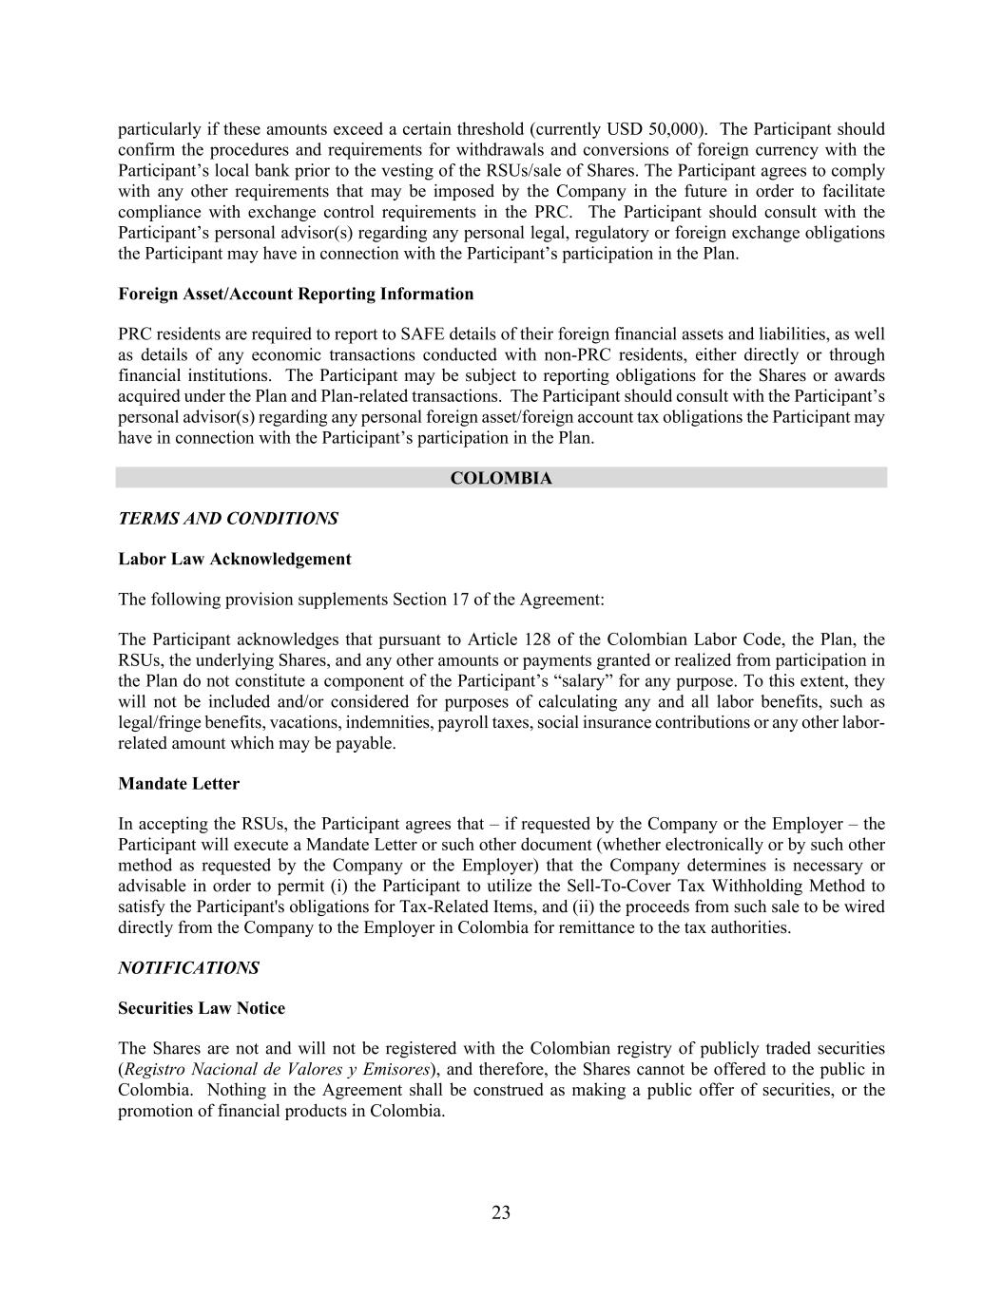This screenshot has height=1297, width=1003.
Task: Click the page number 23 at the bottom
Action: click(501, 1212)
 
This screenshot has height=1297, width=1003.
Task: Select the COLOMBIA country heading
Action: click(501, 478)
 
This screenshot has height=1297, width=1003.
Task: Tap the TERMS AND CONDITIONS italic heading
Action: click(227, 519)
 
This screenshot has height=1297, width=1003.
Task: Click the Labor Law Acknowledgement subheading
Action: click(234, 560)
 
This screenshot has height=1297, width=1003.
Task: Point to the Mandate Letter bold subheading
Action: click(179, 784)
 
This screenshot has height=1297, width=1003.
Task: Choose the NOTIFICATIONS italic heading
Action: click(188, 968)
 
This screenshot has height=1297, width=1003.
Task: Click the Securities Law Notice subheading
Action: click(202, 1008)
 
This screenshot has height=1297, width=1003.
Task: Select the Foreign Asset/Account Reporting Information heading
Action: click(296, 294)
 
